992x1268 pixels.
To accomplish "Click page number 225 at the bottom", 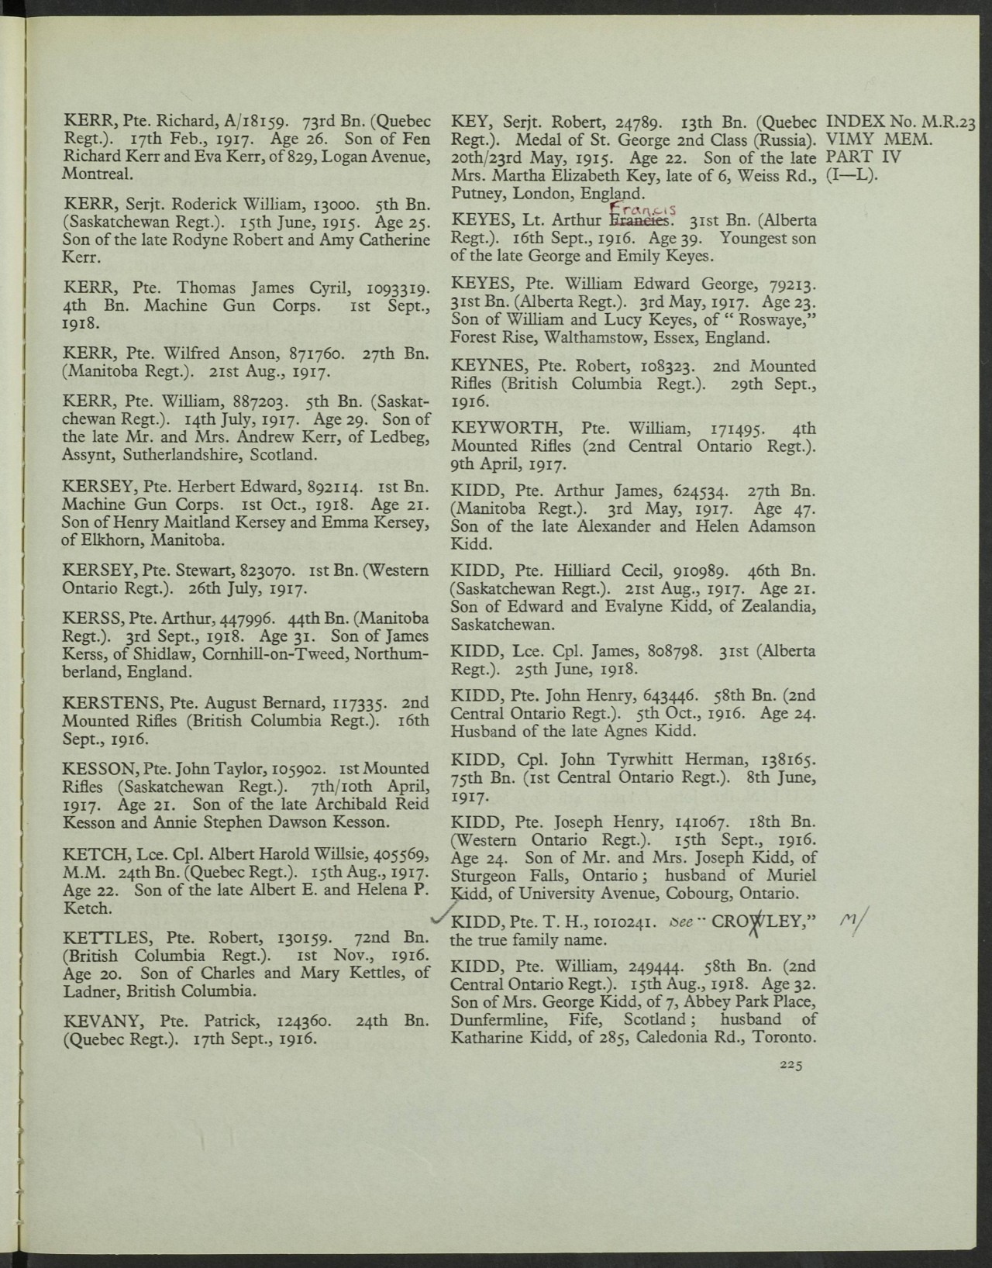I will click(790, 1066).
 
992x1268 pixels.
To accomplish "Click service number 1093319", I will click(391, 288).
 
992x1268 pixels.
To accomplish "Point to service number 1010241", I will click(625, 923).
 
